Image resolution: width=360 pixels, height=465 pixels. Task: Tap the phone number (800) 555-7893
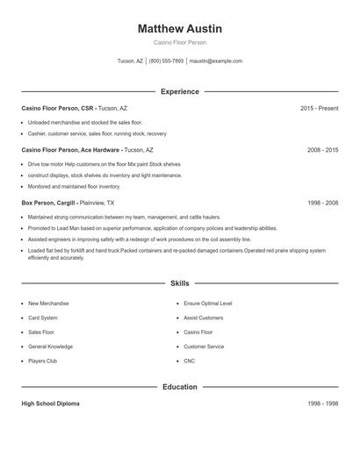(x=167, y=61)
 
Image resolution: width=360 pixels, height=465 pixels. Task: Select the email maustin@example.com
(x=215, y=61)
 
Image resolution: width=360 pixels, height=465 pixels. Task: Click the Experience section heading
(x=180, y=91)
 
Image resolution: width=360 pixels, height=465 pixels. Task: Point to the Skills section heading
(x=180, y=283)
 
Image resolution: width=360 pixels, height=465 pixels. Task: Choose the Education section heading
(x=180, y=387)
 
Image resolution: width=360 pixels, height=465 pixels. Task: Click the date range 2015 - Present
(x=319, y=108)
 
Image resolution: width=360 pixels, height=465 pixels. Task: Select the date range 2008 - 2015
(x=322, y=150)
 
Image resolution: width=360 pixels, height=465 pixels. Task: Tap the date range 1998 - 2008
(x=322, y=203)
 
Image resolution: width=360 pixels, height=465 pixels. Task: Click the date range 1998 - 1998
(x=322, y=404)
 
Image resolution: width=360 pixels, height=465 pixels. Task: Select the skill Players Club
(x=42, y=361)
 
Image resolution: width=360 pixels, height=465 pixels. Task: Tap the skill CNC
(x=189, y=361)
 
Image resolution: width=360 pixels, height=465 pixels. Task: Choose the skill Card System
(x=43, y=318)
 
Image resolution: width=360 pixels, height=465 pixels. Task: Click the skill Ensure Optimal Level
(x=208, y=304)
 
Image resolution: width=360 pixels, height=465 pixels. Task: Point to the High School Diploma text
(x=50, y=404)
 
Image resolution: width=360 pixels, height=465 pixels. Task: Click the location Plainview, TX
(x=109, y=203)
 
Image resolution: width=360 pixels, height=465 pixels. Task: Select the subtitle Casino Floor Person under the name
(x=180, y=42)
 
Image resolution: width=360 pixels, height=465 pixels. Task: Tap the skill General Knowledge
(x=49, y=347)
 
